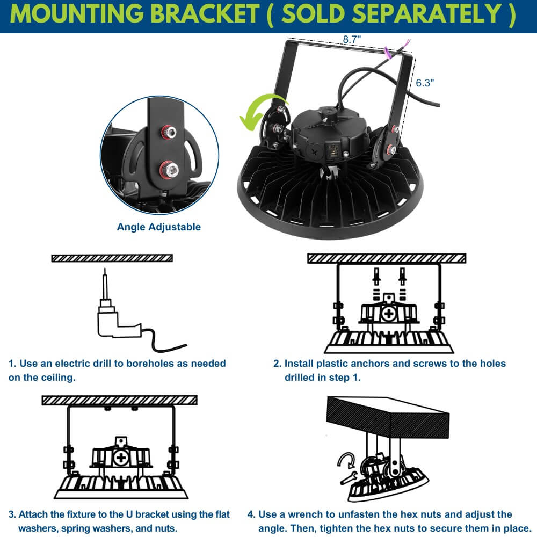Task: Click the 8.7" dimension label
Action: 352,39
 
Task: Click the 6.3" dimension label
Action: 425,83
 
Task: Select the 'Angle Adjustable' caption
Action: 159,227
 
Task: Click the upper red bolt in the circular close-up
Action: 169,132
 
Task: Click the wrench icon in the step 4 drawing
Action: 349,477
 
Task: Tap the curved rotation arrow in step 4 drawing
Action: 346,460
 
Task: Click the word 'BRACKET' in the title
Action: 205,14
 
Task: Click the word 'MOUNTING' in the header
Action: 77,14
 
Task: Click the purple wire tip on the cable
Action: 408,42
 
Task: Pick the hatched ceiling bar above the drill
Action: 112,258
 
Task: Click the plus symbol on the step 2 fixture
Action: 389,314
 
